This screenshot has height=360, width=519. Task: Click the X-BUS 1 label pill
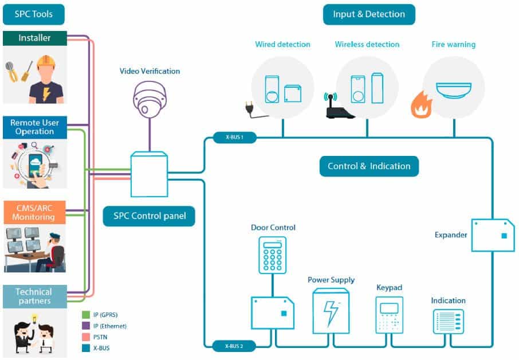tap(234, 138)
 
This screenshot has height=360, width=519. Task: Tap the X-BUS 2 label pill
tap(234, 346)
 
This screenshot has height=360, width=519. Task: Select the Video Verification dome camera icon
tap(149, 97)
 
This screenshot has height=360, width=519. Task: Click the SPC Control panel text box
tap(148, 217)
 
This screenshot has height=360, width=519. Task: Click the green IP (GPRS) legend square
tap(86, 315)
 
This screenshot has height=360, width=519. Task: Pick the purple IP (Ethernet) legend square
tap(86, 326)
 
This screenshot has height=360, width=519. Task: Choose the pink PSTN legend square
tap(86, 336)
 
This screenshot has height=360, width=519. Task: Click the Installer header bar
tap(34, 38)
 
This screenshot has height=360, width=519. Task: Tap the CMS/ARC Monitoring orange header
tap(34, 213)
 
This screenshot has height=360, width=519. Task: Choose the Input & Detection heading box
tap(369, 14)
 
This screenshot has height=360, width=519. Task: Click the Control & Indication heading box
tap(369, 166)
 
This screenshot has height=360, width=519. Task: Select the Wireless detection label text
tap(367, 45)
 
